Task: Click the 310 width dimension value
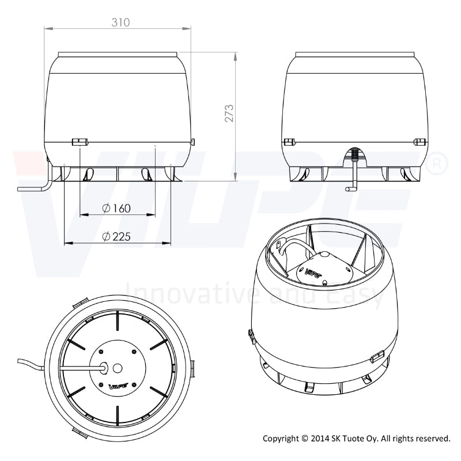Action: point(120,22)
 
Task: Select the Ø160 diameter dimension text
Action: point(116,208)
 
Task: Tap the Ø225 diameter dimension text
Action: point(116,237)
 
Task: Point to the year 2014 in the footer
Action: point(320,439)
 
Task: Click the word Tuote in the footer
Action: point(357,439)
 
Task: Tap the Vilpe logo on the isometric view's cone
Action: point(313,269)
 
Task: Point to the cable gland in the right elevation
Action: point(355,154)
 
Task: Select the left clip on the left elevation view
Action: point(78,141)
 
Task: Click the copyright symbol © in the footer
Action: point(304,439)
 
